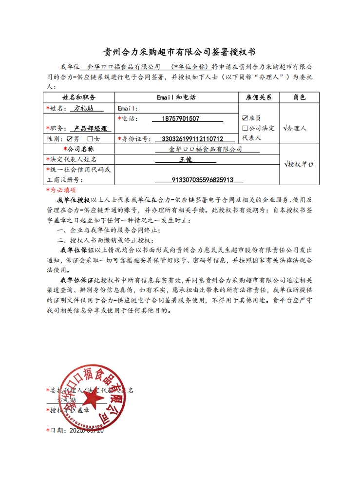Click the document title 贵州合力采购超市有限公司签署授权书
(180, 52)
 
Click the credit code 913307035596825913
(201, 180)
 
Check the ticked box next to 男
(70, 139)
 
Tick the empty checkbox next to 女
(90, 139)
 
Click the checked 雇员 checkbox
(245, 118)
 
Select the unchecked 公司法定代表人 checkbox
(245, 128)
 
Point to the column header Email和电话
(176, 97)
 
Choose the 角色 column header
(300, 97)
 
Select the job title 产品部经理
(91, 129)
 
